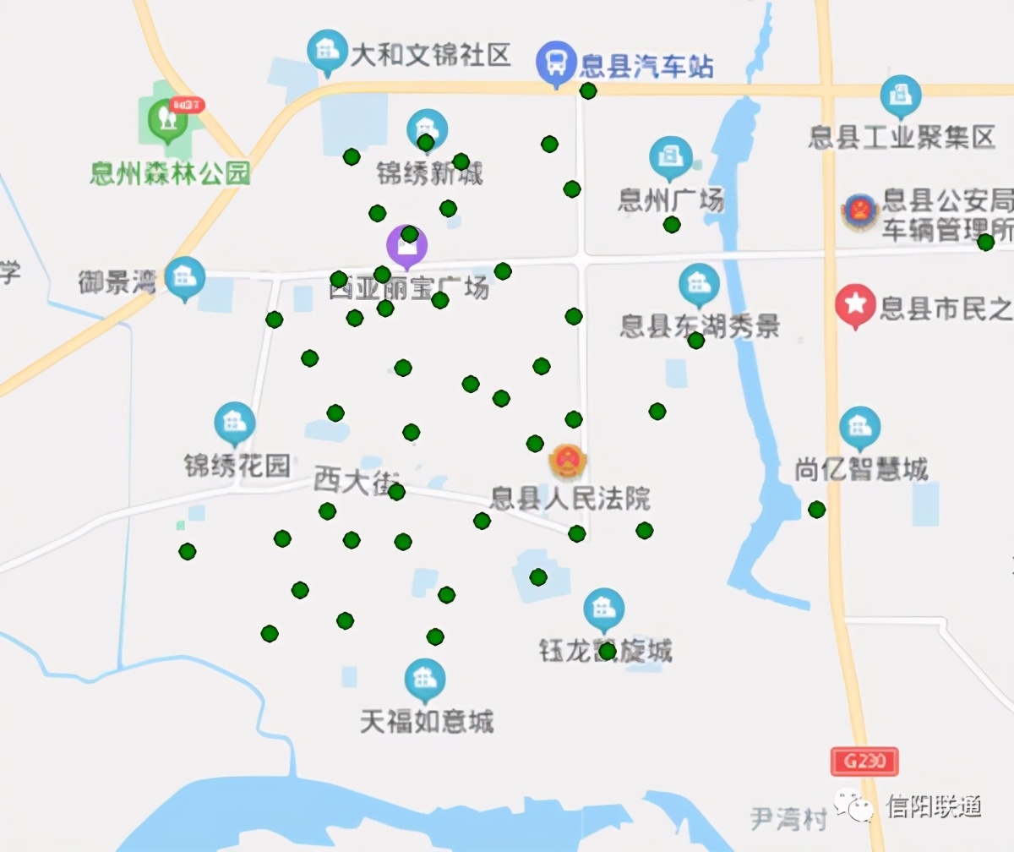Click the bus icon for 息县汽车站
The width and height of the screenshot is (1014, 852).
tap(555, 62)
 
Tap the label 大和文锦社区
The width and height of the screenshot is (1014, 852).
tap(431, 57)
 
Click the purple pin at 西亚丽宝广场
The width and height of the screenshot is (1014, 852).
tap(407, 245)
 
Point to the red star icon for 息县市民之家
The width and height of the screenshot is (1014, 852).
tap(855, 303)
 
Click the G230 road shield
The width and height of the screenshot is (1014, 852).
tap(864, 762)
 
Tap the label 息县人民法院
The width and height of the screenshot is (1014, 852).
tap(571, 498)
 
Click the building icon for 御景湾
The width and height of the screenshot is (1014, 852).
tap(185, 276)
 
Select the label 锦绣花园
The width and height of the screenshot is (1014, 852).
tap(237, 466)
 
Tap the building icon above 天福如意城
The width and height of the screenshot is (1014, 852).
tap(424, 678)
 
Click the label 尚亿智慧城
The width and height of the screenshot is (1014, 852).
tap(861, 470)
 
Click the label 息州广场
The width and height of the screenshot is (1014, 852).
tap(671, 201)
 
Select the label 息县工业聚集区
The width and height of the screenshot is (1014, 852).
tap(902, 137)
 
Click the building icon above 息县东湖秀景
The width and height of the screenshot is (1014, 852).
tap(699, 284)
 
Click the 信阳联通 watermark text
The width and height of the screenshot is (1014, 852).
tap(934, 806)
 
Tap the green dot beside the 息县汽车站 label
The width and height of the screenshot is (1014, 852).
tap(588, 90)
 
